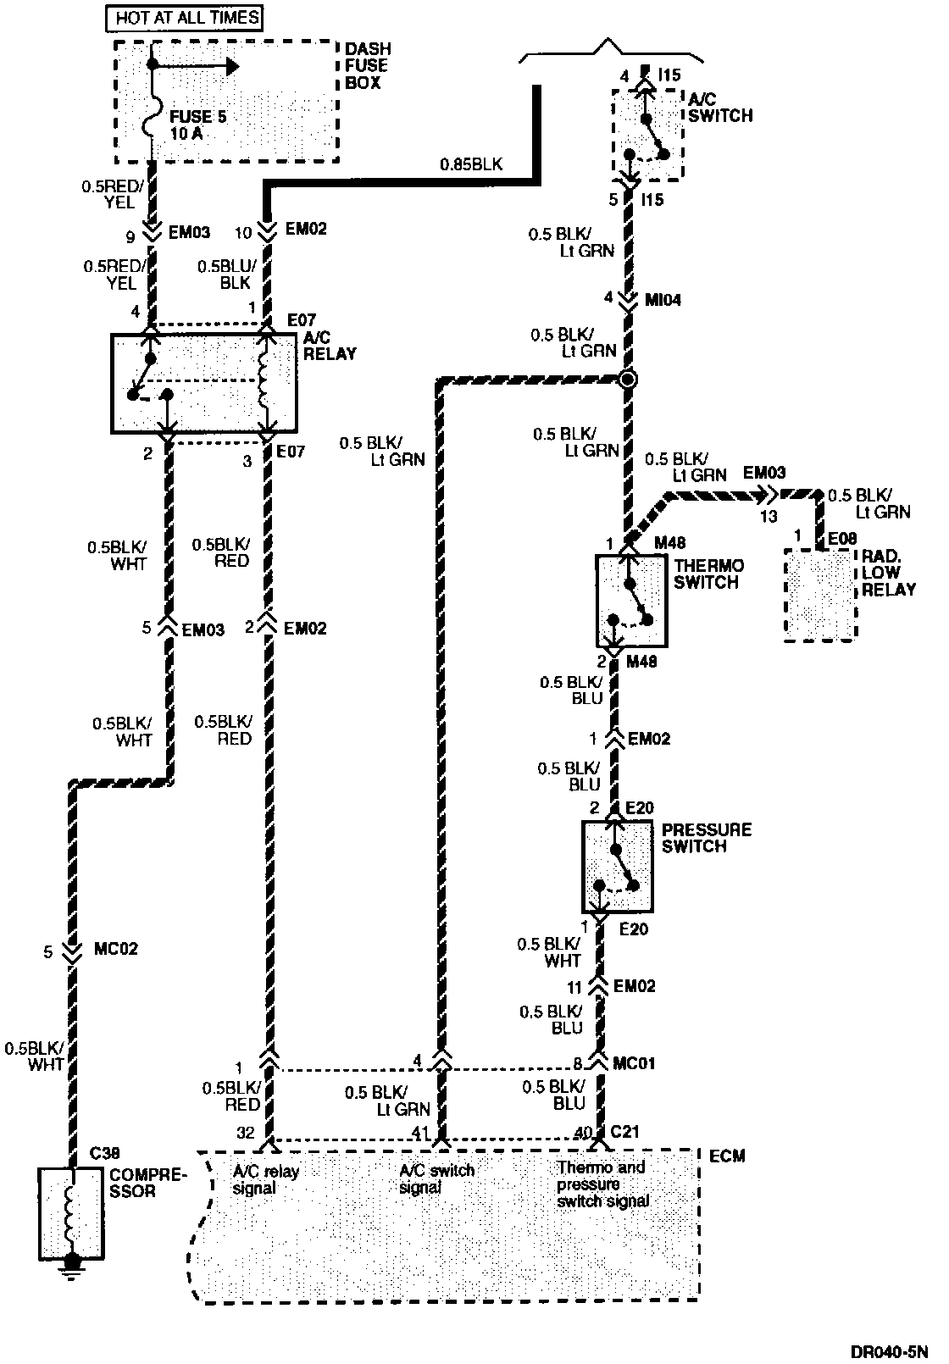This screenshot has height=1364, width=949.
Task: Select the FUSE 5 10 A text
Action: coord(198,125)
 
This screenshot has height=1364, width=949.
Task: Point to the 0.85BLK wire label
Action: coord(470,164)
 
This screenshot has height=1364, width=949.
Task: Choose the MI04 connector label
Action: coord(663,300)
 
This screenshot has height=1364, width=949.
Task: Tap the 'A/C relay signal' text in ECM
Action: coord(266,1179)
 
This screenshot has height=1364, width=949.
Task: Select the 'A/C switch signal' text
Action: coord(436,1179)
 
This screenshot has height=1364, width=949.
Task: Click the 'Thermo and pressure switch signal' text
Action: coord(602,1184)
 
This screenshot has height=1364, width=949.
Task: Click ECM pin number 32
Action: coord(246,1133)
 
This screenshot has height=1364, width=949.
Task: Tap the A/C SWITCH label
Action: coord(720,108)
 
